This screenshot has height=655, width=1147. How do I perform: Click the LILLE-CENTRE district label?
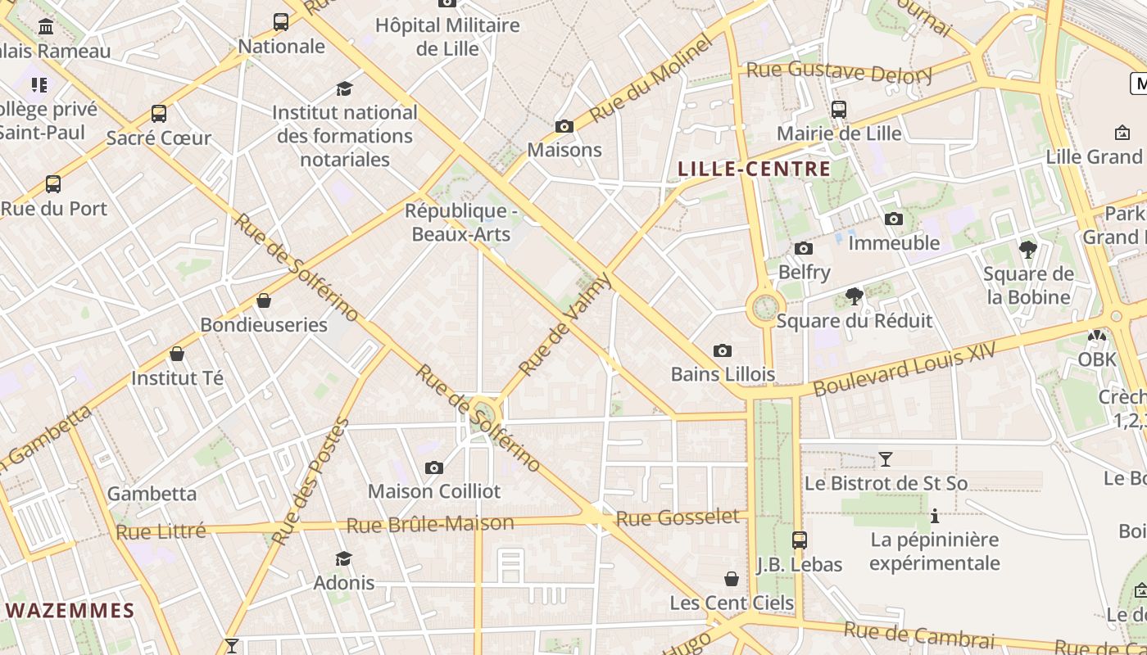click(x=754, y=169)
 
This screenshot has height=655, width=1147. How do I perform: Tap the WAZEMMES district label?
click(x=70, y=611)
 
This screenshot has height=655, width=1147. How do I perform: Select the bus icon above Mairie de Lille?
click(x=838, y=110)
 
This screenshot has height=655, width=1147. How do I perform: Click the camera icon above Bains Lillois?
click(x=722, y=350)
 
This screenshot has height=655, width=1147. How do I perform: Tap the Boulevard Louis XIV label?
click(x=905, y=369)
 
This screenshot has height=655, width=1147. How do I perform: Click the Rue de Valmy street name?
click(x=565, y=325)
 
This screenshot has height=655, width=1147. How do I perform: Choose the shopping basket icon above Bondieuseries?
click(x=264, y=300)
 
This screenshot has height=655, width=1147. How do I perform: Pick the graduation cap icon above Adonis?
click(x=344, y=558)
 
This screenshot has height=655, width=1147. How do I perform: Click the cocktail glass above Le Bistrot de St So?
click(x=885, y=458)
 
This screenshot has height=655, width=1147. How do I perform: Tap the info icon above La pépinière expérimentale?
click(x=934, y=516)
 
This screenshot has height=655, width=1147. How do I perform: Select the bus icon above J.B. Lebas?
click(x=799, y=540)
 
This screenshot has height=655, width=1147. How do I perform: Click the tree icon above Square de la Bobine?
click(x=1027, y=250)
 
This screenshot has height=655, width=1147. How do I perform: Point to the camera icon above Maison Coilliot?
click(x=434, y=468)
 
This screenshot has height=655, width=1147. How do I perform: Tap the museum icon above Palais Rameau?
click(x=46, y=27)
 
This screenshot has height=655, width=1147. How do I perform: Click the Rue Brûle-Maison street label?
click(x=430, y=524)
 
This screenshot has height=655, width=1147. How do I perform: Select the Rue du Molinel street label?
click(x=651, y=79)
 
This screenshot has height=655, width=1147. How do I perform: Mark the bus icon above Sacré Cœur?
click(x=159, y=114)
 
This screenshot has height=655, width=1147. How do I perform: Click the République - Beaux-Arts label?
click(x=461, y=223)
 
